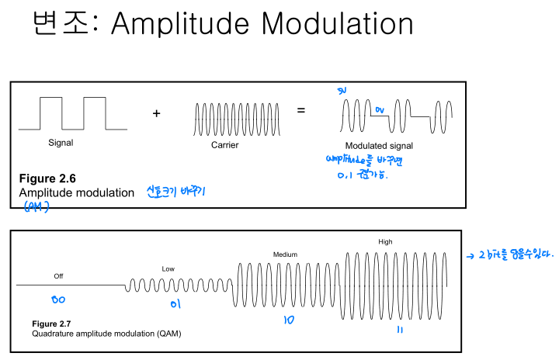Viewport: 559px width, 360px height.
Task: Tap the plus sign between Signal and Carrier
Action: [156, 113]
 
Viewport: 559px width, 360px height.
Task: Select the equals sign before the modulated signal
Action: [300, 111]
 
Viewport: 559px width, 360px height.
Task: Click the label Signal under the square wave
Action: [61, 143]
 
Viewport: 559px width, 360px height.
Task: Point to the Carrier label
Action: [224, 145]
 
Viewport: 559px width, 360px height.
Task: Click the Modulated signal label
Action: [379, 146]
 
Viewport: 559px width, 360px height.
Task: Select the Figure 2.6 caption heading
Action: [47, 178]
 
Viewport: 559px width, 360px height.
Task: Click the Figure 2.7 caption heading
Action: [50, 323]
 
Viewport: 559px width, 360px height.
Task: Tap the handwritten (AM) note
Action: [36, 206]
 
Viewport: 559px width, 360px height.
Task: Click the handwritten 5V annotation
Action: [342, 92]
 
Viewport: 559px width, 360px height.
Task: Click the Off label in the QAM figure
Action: [58, 276]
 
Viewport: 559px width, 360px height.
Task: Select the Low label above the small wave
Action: [168, 268]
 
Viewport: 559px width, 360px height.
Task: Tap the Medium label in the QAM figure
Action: [285, 254]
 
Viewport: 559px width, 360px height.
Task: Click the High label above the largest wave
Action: [385, 241]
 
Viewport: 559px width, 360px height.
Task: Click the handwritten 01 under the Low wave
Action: [175, 304]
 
